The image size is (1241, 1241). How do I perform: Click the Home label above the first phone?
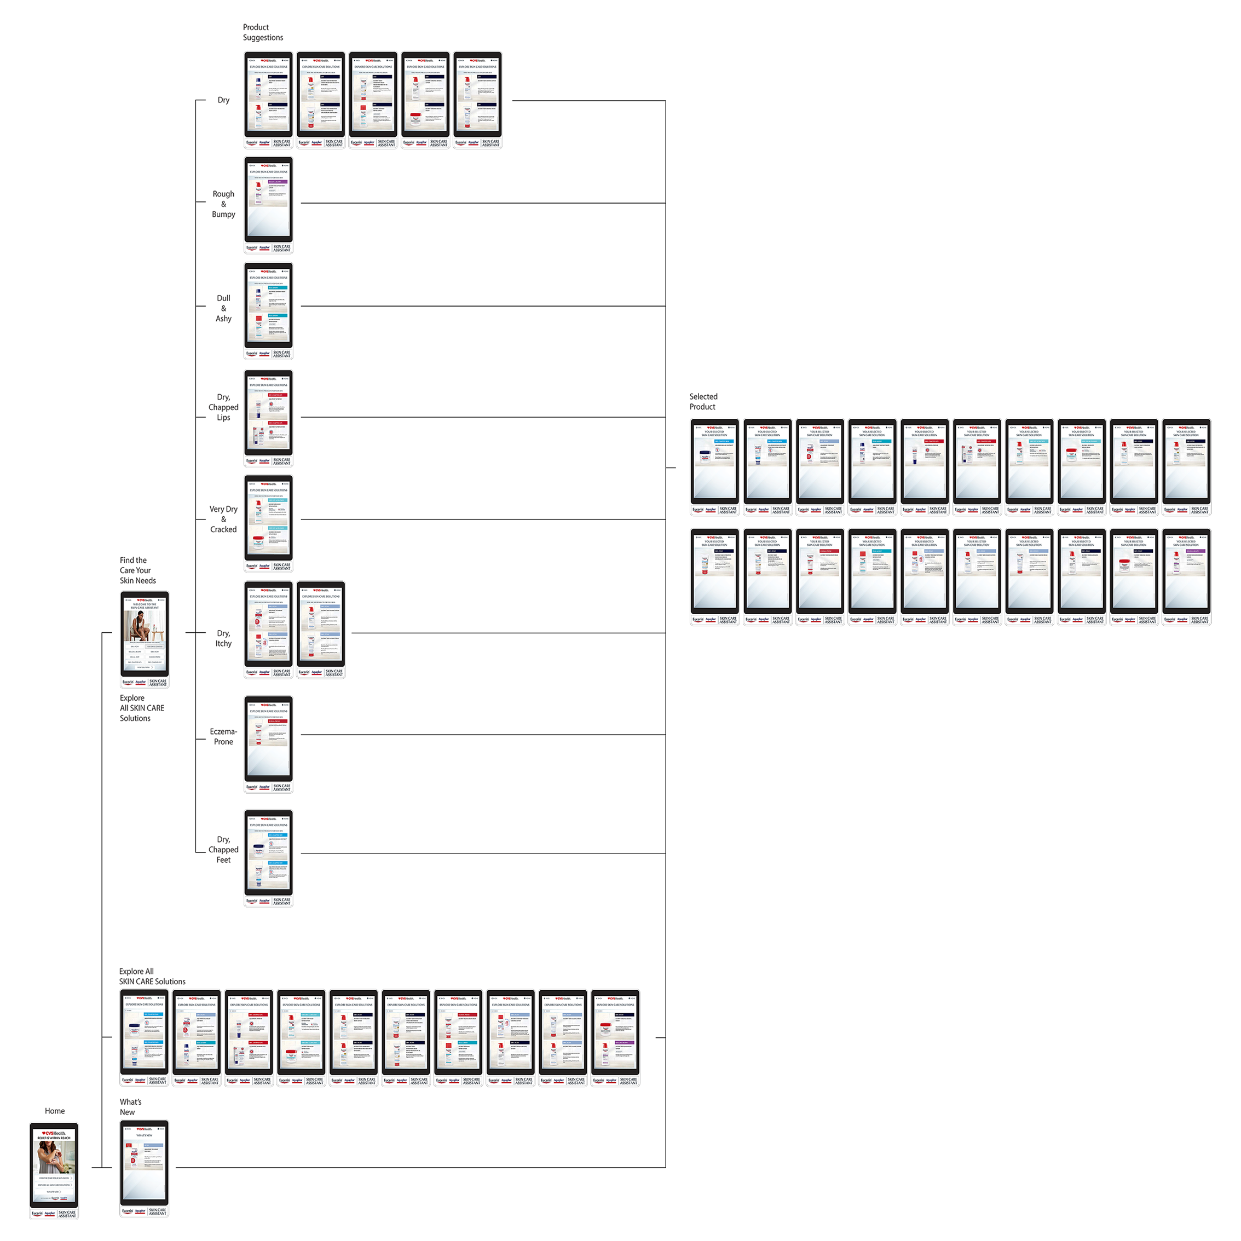(x=55, y=1111)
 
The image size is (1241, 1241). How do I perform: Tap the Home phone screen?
(x=54, y=1166)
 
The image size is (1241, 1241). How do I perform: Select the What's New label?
(x=130, y=1107)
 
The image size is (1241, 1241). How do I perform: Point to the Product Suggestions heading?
(x=263, y=32)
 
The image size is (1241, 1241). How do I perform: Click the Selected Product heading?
(x=703, y=401)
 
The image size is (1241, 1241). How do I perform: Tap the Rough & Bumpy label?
(x=223, y=204)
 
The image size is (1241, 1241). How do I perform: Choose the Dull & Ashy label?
(x=223, y=308)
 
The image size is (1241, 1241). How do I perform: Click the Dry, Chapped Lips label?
(x=223, y=407)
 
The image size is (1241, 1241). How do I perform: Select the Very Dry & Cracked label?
(x=223, y=519)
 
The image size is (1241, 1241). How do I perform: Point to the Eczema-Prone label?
(x=223, y=737)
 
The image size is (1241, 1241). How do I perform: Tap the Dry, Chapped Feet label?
(x=223, y=849)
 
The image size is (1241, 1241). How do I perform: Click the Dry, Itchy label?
(x=223, y=638)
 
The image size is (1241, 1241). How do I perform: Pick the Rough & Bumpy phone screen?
(x=268, y=200)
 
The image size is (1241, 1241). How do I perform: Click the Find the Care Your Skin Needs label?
(x=137, y=570)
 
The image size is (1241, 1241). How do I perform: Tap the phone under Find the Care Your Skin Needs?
(x=145, y=634)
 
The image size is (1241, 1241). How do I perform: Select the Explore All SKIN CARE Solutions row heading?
(x=152, y=977)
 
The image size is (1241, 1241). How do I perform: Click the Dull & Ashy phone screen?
(x=268, y=307)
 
